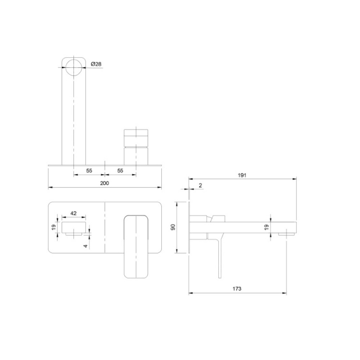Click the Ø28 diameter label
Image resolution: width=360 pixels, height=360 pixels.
click(96, 64)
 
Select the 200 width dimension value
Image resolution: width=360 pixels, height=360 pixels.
click(105, 183)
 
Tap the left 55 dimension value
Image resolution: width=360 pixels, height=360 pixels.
click(89, 171)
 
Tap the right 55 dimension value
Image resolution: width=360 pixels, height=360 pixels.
click(120, 171)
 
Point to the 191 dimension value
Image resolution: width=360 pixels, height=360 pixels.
click(242, 175)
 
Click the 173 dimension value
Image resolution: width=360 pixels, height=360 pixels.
click(237, 289)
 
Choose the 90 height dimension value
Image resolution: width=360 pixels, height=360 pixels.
click(173, 227)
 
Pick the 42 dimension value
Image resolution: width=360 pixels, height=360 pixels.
click(73, 213)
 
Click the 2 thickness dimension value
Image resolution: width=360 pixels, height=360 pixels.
click(200, 185)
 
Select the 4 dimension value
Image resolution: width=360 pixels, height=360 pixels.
click(85, 246)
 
